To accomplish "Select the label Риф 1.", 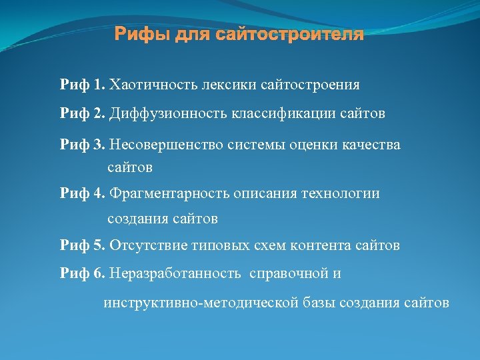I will coord(83,85).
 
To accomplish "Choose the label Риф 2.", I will coord(83,114).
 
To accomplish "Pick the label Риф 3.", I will coord(83,145).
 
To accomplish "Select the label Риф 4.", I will coord(83,193).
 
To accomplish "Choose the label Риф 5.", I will coord(83,245).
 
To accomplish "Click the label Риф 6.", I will coord(83,274).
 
